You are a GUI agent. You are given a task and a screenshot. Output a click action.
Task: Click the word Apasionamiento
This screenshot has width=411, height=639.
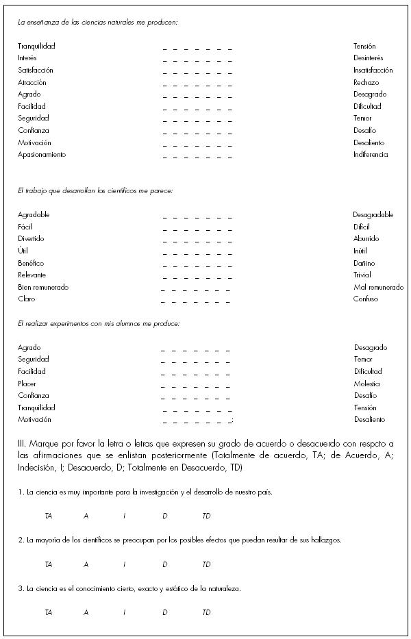click(x=42, y=155)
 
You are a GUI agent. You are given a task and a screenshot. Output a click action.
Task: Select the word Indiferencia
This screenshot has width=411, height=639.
click(x=371, y=155)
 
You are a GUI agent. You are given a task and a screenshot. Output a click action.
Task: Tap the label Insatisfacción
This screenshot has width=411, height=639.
click(x=373, y=71)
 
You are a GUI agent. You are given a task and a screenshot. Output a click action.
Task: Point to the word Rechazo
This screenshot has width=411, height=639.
click(x=366, y=82)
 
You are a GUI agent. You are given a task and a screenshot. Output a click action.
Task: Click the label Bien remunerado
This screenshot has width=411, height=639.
click(x=43, y=287)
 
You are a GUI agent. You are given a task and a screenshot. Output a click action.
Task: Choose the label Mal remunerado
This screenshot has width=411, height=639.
click(x=379, y=287)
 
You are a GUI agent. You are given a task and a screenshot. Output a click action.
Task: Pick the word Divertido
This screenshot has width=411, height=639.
click(x=31, y=239)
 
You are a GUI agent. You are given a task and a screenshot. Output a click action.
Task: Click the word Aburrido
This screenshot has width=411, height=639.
click(x=366, y=239)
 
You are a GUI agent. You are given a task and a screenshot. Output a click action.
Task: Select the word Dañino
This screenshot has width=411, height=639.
click(x=364, y=263)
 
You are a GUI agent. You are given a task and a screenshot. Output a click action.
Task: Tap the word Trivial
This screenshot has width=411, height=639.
click(x=362, y=275)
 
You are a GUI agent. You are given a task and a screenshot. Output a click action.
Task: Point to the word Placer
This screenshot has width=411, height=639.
click(x=27, y=384)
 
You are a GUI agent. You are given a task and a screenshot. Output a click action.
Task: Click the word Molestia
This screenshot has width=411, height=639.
click(x=366, y=384)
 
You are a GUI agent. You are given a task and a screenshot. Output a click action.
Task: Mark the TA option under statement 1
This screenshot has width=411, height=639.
click(x=48, y=516)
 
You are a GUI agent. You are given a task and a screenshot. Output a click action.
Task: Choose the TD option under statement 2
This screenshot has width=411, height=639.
click(x=206, y=564)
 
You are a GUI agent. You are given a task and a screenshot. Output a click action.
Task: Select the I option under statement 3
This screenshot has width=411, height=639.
click(x=125, y=612)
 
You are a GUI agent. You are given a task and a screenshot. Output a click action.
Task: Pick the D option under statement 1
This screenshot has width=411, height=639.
click(x=165, y=516)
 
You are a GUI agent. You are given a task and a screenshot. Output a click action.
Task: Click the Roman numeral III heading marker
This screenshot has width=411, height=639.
click(x=22, y=444)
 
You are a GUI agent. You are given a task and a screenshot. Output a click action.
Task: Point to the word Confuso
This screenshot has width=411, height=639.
click(x=366, y=299)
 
